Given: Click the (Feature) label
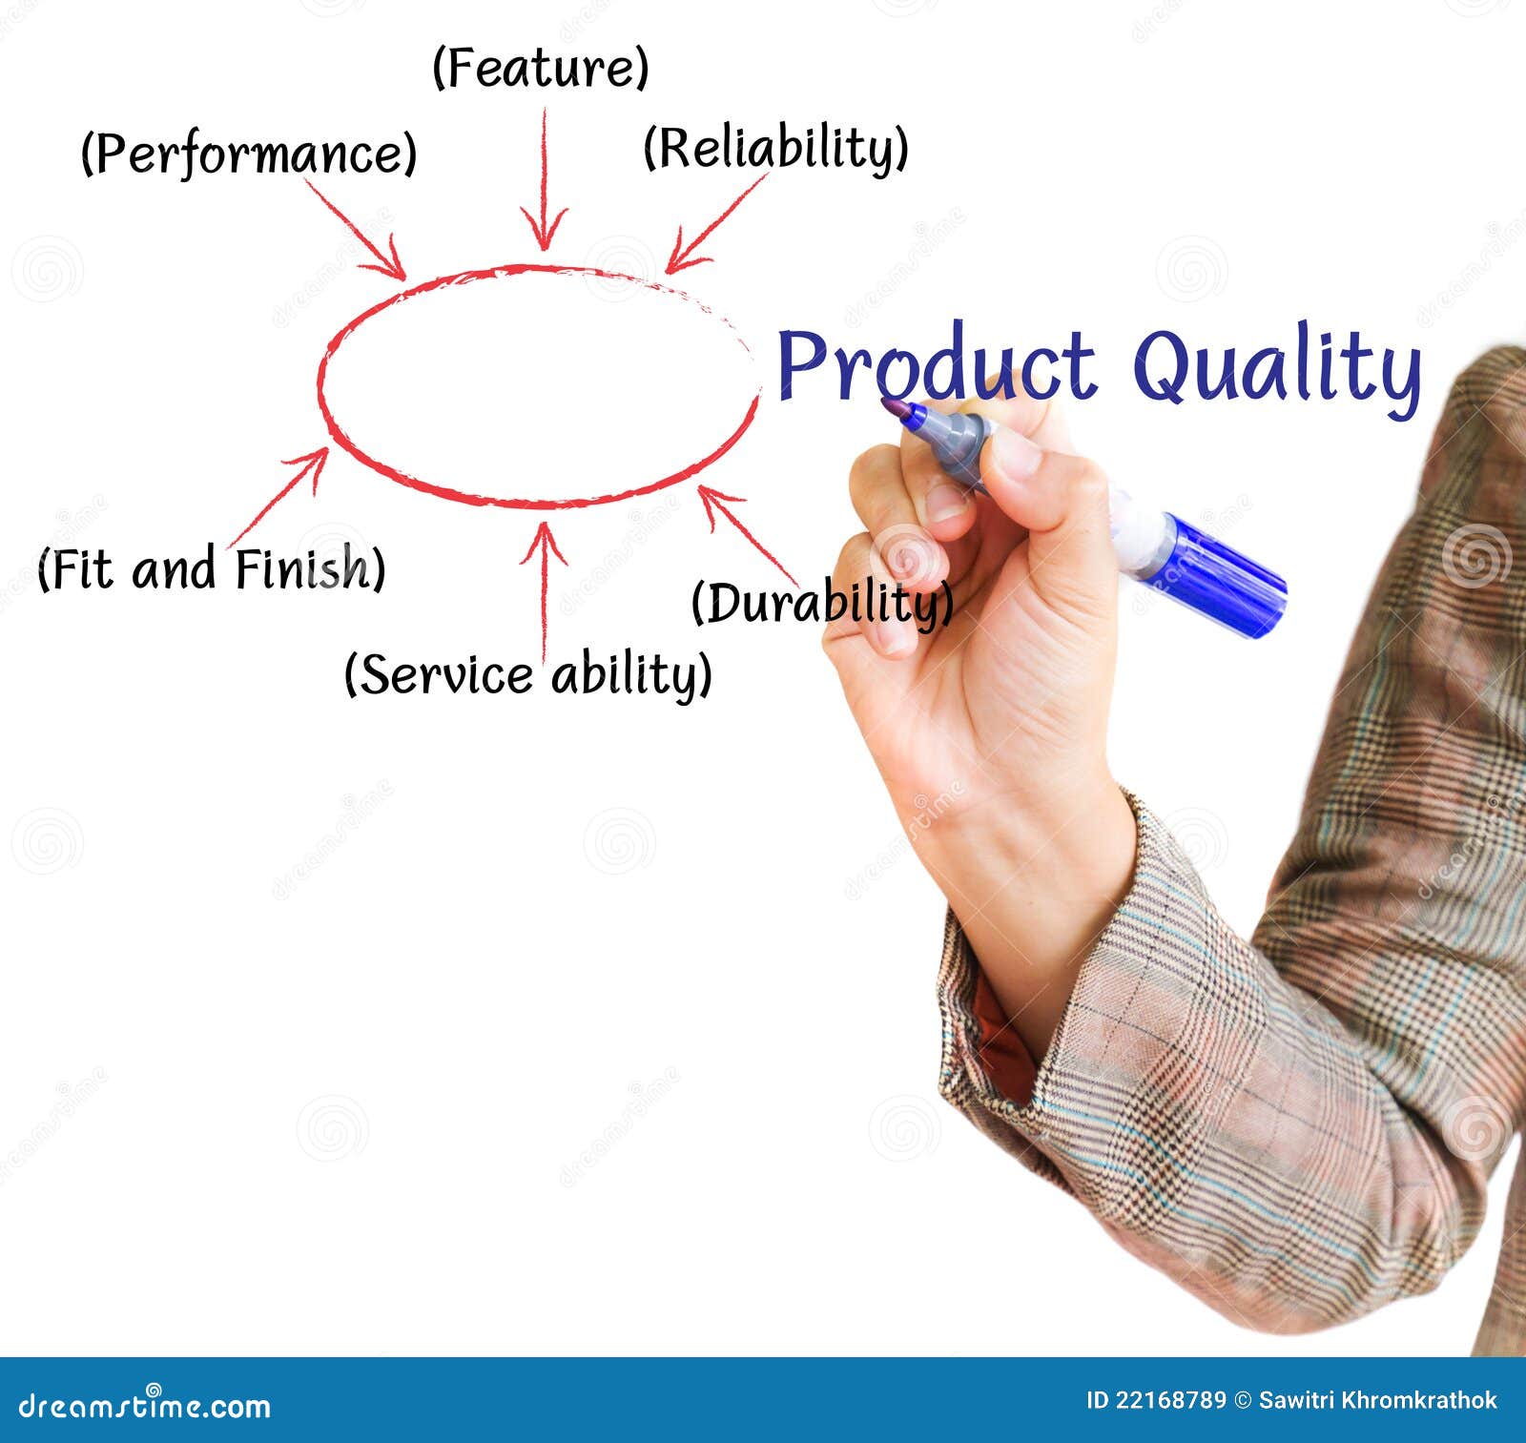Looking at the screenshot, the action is pos(541,68).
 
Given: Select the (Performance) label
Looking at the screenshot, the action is pos(249,154).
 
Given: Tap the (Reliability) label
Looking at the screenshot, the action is pos(775,148).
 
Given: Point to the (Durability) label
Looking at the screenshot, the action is pos(822,603).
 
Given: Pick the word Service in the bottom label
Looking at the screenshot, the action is pos(446,674).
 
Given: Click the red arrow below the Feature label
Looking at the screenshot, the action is pos(545,178).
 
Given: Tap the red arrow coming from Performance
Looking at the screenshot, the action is pos(356,228).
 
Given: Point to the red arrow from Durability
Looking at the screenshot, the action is pos(747,532).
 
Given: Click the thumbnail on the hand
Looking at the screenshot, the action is pos(1016,456).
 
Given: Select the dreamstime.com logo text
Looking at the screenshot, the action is pos(145,1406).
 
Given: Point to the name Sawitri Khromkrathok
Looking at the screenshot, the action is pos(1378,1400).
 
